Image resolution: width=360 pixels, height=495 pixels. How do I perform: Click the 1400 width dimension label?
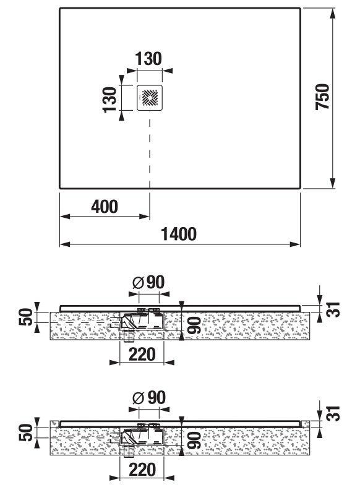click(x=179, y=234)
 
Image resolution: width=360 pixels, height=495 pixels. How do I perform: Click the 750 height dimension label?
click(x=322, y=97)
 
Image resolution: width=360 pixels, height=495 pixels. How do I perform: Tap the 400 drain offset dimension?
click(x=105, y=207)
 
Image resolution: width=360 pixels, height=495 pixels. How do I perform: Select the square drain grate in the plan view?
click(x=150, y=98)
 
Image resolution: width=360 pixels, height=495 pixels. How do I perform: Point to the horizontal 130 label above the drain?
click(x=148, y=59)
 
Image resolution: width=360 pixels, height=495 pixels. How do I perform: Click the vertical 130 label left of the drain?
click(x=110, y=100)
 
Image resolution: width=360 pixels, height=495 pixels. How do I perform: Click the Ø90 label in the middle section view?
click(x=148, y=282)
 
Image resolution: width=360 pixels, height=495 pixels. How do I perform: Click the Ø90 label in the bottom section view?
click(x=149, y=398)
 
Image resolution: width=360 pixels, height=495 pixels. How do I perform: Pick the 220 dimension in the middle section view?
click(x=142, y=354)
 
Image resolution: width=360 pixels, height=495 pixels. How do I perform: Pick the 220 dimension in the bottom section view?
click(x=142, y=470)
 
